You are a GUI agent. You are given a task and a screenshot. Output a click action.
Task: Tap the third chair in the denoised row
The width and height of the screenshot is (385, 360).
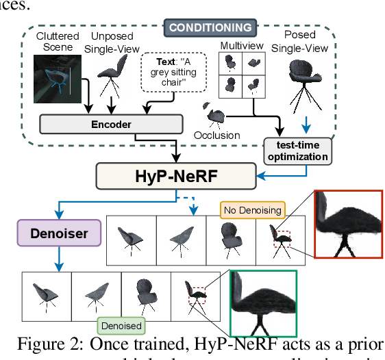pos(145,294)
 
